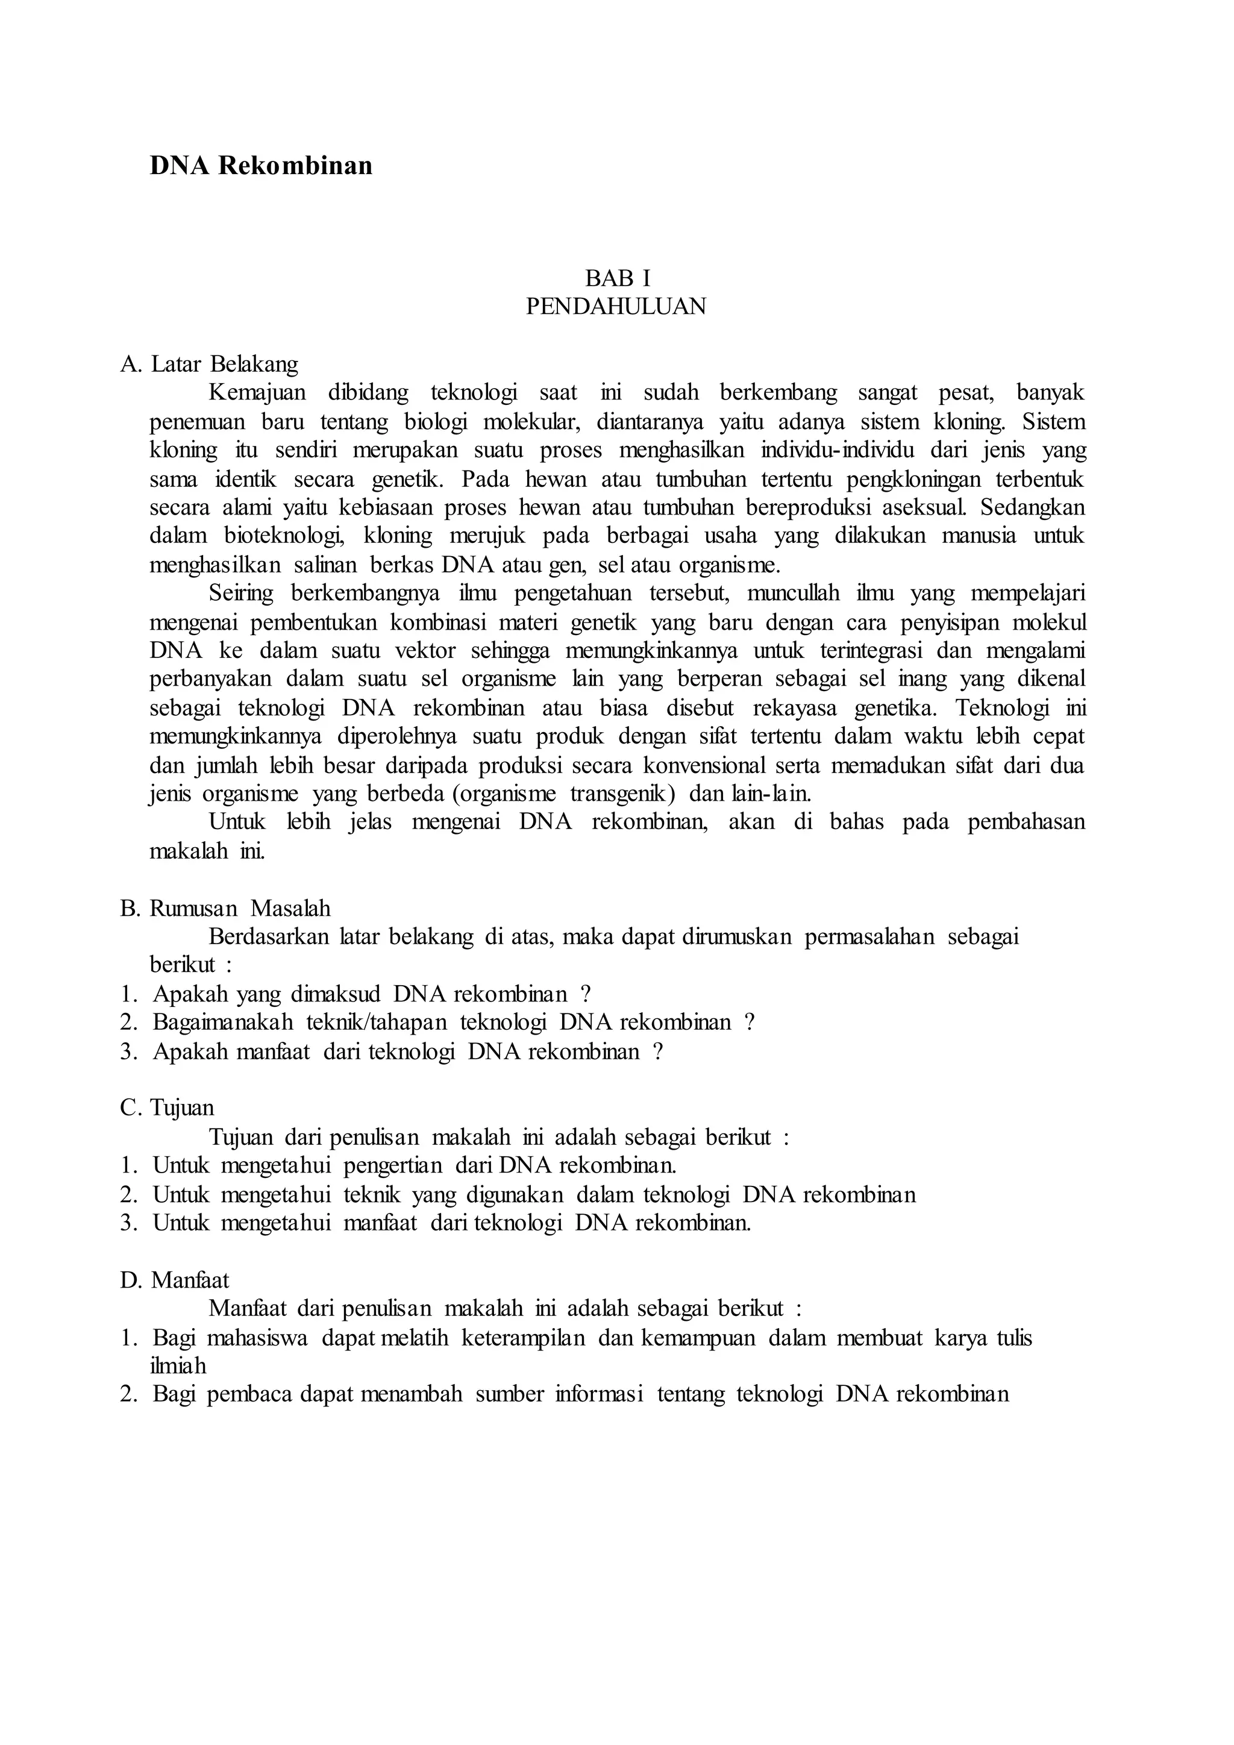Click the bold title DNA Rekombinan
coord(261,166)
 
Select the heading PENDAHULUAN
coord(616,306)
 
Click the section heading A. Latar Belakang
coord(210,364)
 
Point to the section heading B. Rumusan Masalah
coord(225,908)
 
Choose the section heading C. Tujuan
coord(167,1107)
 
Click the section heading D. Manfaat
coord(175,1280)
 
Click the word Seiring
coord(241,593)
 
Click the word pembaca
coord(250,1395)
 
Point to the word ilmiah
coord(178,1366)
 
